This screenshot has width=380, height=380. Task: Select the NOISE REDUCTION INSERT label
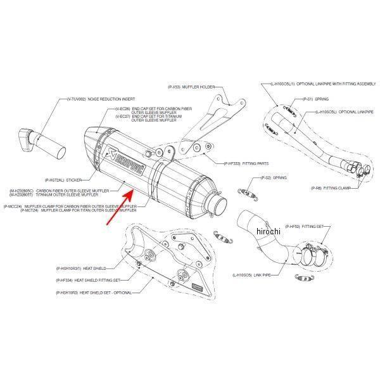pyautogui.click(x=111, y=99)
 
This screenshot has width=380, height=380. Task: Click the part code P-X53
pyautogui.click(x=175, y=86)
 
